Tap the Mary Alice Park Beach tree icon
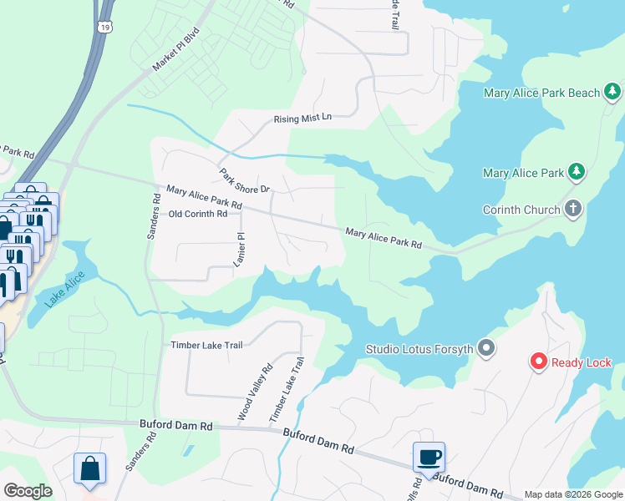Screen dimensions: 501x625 (x=613, y=91)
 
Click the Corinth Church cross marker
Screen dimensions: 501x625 (x=573, y=209)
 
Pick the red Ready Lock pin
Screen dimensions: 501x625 (x=539, y=362)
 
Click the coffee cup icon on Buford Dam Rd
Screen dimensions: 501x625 (x=429, y=458)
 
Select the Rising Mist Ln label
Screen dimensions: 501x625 (x=302, y=119)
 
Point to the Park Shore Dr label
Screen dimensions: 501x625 (x=246, y=181)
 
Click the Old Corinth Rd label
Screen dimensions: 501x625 (x=198, y=214)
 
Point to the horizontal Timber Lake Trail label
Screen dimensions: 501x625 (x=206, y=344)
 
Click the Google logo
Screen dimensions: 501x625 (x=27, y=491)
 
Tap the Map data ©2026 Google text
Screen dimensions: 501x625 (x=572, y=494)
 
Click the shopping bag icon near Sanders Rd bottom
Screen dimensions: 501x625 (x=89, y=468)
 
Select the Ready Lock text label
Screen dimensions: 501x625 (x=582, y=362)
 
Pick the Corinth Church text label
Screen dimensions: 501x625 (x=521, y=210)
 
